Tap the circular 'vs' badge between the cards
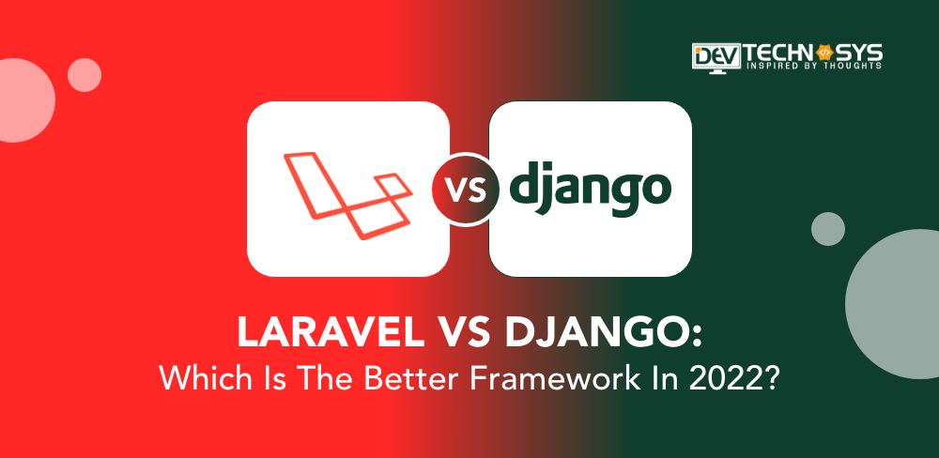pos(466,189)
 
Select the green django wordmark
pos(590,190)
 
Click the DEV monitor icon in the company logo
pos(716,58)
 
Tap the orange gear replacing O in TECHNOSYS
pos(824,53)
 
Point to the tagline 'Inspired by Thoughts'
pos(813,66)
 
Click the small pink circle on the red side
pos(85,75)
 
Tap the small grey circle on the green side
pos(828,229)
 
